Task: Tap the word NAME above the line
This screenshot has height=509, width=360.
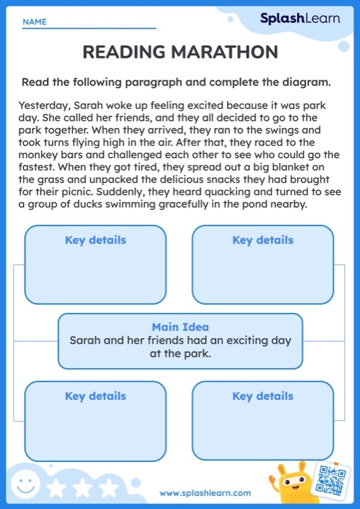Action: (34, 22)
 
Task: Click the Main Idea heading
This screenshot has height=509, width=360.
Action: (180, 327)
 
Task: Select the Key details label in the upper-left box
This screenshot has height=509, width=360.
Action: (95, 240)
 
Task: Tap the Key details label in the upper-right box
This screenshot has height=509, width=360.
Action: (262, 240)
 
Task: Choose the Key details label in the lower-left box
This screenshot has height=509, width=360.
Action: (95, 396)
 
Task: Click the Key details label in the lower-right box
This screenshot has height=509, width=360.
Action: (262, 396)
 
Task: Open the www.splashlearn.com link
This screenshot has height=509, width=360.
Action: (205, 493)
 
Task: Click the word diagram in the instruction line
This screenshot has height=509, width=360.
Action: (308, 82)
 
